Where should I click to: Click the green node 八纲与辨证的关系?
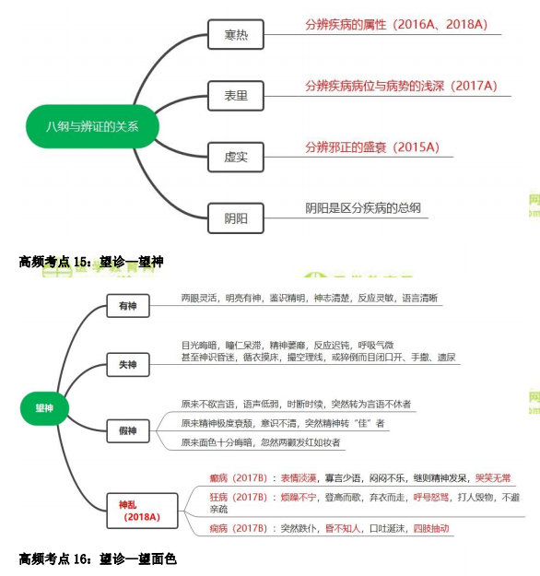92,126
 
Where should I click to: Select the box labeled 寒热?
236,34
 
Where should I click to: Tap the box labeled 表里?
236,96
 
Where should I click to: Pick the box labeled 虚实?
236,158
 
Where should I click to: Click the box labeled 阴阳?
236,218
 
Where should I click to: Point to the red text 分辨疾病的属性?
346,25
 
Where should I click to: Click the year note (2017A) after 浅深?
474,86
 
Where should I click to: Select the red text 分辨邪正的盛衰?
346,147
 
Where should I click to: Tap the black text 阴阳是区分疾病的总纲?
363,208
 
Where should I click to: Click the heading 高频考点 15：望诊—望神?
91,262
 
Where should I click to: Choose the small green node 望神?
44,408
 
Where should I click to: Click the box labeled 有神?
128,306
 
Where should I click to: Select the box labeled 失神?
128,364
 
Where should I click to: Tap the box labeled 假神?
128,431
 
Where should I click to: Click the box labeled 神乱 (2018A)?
142,511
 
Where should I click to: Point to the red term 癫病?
218,478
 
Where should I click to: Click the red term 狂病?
218,498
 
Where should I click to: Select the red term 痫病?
218,529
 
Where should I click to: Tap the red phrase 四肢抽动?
431,529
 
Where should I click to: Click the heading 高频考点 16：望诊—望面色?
98,559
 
